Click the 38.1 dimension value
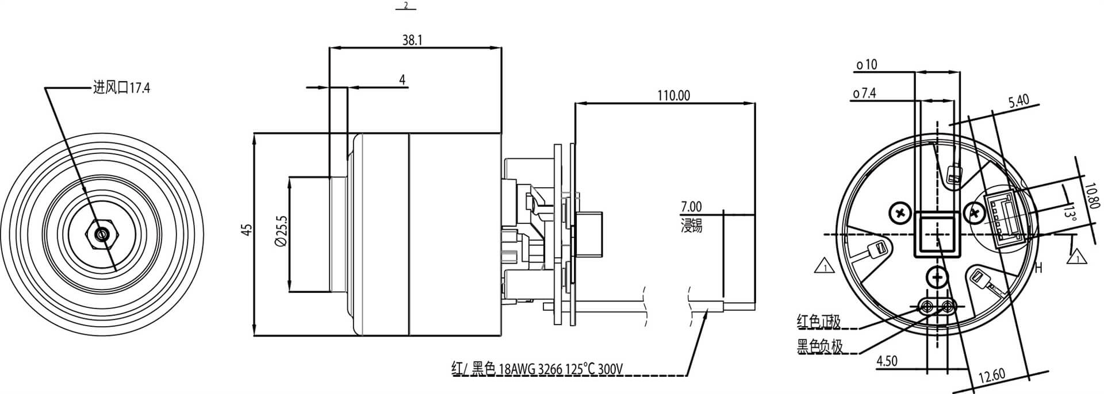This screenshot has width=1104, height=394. pos(412,40)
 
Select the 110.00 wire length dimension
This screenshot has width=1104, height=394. pos(673,95)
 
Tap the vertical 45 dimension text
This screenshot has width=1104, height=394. pos(247,230)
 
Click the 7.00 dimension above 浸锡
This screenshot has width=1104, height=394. pos(691,206)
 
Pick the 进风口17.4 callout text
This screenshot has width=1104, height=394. pos(121,88)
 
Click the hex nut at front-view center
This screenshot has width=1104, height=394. pos(102,234)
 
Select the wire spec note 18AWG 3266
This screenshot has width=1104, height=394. pos(538,369)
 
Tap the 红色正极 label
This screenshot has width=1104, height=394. pos(819,322)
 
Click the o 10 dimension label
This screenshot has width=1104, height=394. pos(867,65)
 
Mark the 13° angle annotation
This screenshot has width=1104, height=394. pos(1069,214)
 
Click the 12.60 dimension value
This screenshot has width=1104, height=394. pos(991,377)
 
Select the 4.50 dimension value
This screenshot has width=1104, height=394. pos(886,361)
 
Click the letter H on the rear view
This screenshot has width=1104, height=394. pos(1038,268)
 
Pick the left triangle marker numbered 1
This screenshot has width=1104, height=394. pos(825,267)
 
